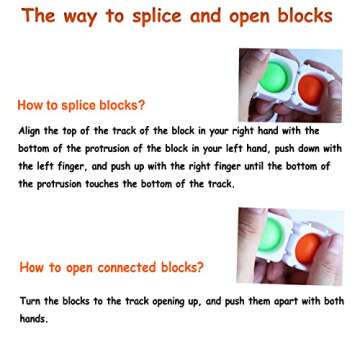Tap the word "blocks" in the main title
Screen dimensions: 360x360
click(x=304, y=16)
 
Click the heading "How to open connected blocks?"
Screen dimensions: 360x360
click(x=110, y=240)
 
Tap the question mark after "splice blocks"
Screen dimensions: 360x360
click(x=142, y=105)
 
